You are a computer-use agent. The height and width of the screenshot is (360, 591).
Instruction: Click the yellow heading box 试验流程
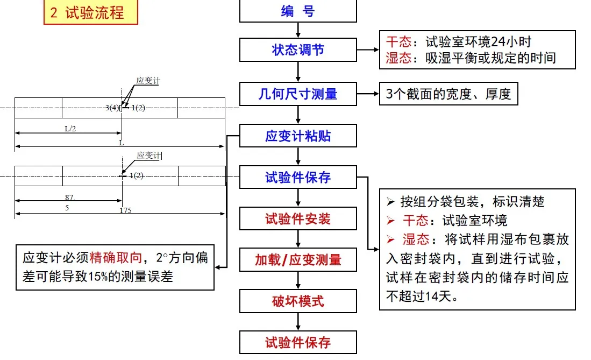[x=91, y=12]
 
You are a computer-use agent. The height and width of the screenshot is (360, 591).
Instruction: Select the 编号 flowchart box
[x=298, y=11]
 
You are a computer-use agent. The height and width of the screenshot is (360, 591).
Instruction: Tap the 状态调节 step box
[x=298, y=50]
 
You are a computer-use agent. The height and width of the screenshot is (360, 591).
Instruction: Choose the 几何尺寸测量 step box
[x=298, y=94]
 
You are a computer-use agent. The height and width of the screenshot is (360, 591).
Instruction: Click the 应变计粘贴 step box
[x=298, y=136]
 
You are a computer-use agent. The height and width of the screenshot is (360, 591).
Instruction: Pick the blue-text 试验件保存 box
[x=298, y=177]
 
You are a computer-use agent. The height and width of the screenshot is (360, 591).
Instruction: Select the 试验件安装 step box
[x=298, y=218]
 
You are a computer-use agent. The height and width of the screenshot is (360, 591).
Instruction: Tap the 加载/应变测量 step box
[x=298, y=259]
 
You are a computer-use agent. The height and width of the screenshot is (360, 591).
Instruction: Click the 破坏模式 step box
[x=298, y=301]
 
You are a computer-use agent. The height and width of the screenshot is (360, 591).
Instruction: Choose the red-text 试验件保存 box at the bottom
[x=298, y=342]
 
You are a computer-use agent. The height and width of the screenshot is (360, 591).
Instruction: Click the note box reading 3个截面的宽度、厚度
[x=448, y=94]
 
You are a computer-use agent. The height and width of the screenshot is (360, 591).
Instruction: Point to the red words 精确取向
[x=116, y=258]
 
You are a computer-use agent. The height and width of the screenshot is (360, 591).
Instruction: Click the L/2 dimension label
[x=70, y=129]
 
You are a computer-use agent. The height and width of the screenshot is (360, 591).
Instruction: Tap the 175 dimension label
[x=125, y=210]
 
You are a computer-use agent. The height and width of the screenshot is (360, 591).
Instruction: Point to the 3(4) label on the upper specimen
[x=112, y=108]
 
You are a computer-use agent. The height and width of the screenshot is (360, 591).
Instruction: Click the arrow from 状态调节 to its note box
[x=368, y=50]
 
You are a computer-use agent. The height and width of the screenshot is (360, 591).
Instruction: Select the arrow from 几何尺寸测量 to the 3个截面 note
[x=368, y=94]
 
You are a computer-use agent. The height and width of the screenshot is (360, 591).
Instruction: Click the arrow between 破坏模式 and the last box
[x=298, y=321]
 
